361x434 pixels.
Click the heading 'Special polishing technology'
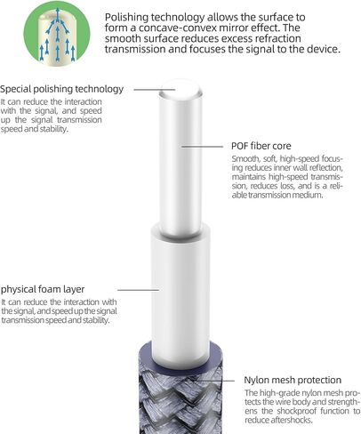click(x=61, y=89)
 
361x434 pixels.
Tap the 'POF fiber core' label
click(x=261, y=146)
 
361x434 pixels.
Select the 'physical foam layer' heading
click(x=43, y=289)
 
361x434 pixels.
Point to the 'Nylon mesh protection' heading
click(x=293, y=380)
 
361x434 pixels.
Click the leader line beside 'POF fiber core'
click(x=202, y=147)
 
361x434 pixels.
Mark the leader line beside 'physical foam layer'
click(x=139, y=290)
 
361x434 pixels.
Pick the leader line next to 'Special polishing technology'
click(x=155, y=89)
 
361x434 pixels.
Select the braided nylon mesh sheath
click(x=180, y=400)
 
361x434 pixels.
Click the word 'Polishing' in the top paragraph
click(x=126, y=18)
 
